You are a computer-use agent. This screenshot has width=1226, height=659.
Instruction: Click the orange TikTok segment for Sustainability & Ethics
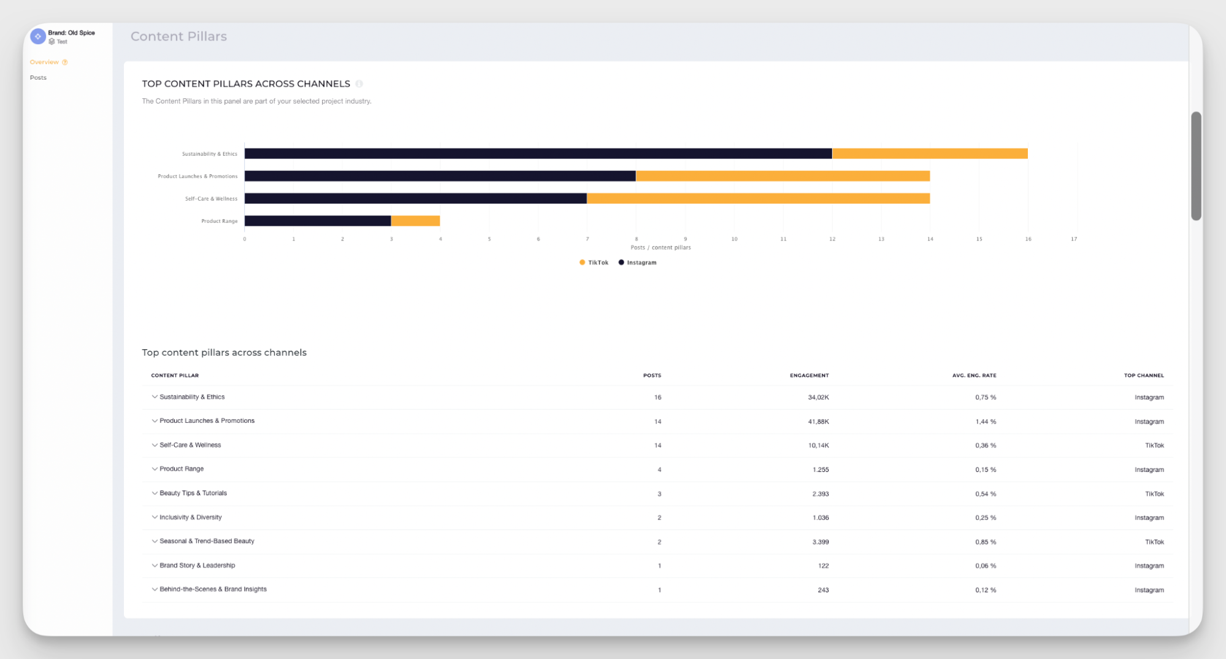pyautogui.click(x=929, y=153)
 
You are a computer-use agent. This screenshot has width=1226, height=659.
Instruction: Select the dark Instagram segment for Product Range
pyautogui.click(x=318, y=221)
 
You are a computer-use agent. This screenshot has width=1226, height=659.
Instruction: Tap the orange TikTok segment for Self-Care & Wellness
pyautogui.click(x=758, y=198)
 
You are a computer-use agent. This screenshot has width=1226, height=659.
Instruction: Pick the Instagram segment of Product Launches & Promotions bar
pyautogui.click(x=440, y=176)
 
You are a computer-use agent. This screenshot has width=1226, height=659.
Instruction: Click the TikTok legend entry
pyautogui.click(x=594, y=263)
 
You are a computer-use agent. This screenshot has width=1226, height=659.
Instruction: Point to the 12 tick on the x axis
pyautogui.click(x=832, y=239)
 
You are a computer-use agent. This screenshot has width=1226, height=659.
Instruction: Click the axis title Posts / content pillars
pyautogui.click(x=661, y=247)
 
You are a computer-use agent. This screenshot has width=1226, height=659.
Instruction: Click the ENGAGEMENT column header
pyautogui.click(x=808, y=376)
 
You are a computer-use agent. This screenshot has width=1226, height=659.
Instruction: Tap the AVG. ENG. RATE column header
pyautogui.click(x=973, y=376)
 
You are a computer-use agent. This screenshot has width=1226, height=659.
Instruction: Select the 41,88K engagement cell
pyautogui.click(x=818, y=422)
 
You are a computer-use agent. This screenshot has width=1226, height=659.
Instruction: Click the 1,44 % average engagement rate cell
pyautogui.click(x=985, y=422)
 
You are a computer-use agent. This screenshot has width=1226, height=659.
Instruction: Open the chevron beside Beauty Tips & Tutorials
pyautogui.click(x=155, y=493)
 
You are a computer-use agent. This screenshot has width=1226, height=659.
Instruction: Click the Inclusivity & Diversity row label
pyautogui.click(x=190, y=517)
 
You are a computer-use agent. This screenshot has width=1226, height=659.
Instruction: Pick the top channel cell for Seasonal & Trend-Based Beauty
pyautogui.click(x=1154, y=542)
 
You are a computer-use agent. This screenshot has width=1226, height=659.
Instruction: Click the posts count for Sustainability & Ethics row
pyautogui.click(x=657, y=398)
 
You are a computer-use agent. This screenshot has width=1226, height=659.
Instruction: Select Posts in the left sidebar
pyautogui.click(x=38, y=78)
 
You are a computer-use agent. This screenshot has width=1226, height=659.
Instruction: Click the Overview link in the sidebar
pyautogui.click(x=44, y=62)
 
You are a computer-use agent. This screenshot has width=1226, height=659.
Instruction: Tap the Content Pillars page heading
pyautogui.click(x=178, y=36)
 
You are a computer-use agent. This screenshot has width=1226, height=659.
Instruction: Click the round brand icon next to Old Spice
pyautogui.click(x=38, y=36)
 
